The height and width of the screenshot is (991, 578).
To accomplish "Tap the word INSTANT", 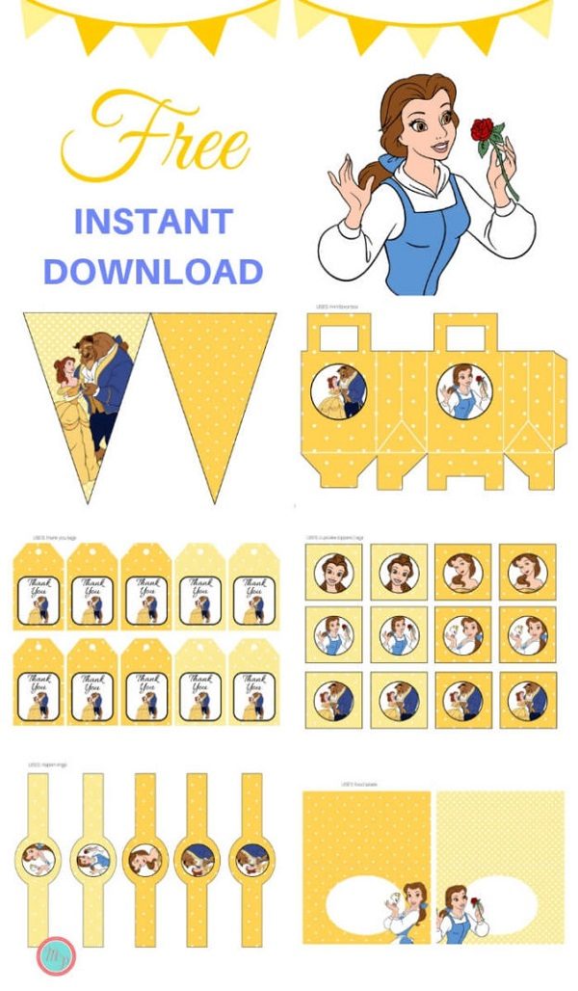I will pos(153,222).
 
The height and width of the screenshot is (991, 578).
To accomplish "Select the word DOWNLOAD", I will pos(153,271).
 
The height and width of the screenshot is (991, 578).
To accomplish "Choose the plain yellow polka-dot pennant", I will pos(217,395).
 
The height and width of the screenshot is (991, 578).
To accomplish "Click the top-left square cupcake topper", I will pos(333,573).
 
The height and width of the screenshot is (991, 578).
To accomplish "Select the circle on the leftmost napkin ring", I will pos(38,857).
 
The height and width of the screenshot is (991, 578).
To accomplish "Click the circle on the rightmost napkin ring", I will pos(250,857).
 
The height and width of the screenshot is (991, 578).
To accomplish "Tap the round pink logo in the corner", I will pos(54,956).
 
